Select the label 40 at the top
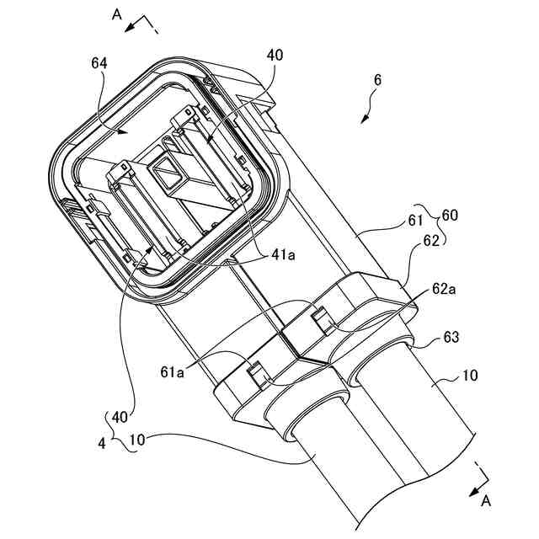pos(275,56)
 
